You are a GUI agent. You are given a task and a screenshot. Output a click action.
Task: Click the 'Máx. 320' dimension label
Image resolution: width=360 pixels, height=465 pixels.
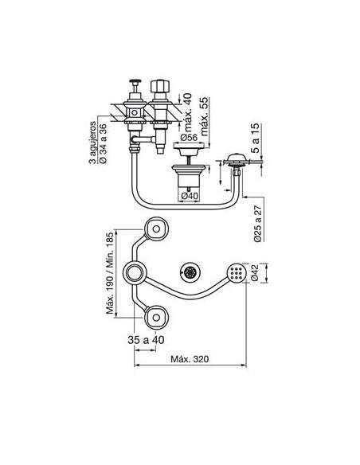[190, 359]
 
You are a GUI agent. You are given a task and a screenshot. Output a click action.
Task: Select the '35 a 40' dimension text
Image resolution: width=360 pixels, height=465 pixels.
[146, 340]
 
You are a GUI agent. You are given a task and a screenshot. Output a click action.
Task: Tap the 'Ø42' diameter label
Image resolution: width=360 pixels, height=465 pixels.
[255, 273]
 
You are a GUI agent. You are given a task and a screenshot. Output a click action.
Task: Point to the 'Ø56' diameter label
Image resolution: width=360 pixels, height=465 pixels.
[189, 138]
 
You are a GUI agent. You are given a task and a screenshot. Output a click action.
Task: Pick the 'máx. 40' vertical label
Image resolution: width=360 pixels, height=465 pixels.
[188, 112]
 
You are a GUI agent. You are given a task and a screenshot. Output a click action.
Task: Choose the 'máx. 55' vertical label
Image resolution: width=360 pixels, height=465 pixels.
[205, 116]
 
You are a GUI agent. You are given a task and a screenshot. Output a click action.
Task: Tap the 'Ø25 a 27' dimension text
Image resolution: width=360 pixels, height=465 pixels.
[258, 224]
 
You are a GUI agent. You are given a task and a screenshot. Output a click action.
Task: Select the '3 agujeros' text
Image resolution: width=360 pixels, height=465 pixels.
[93, 142]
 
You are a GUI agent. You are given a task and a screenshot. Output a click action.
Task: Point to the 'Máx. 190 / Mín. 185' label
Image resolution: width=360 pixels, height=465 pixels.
[110, 273]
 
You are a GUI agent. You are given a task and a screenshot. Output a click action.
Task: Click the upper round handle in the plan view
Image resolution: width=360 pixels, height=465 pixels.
[156, 229]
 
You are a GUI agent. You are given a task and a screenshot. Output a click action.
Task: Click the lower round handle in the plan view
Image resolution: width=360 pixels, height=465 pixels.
[156, 318]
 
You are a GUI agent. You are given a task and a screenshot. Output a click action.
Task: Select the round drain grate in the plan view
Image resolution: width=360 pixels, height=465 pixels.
[190, 272]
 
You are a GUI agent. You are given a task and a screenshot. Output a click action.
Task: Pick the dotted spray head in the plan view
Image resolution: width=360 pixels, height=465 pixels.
[237, 273]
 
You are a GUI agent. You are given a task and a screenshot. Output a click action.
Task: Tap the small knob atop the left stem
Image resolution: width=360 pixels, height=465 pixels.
[135, 81]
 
